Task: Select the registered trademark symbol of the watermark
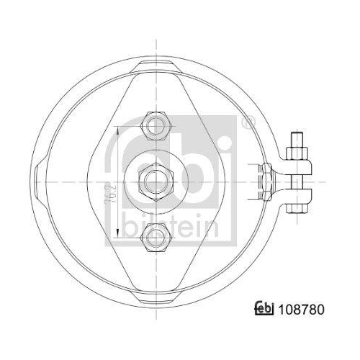247,122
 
